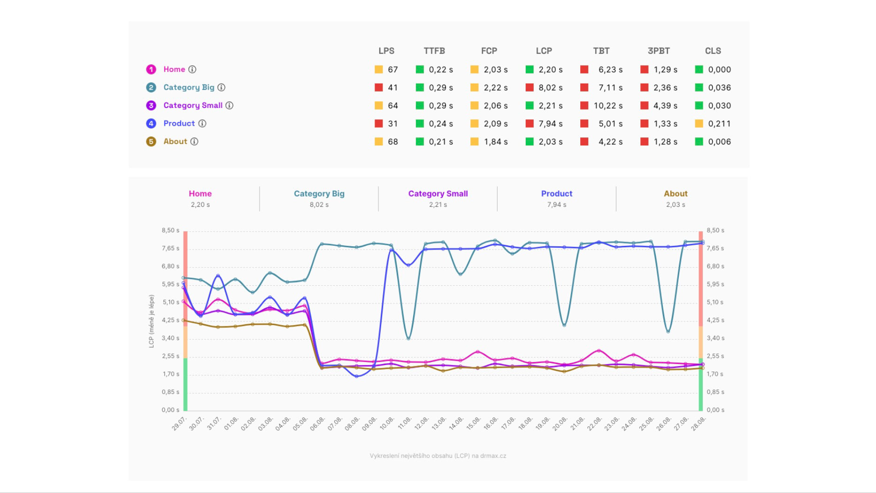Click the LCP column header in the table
[544, 51]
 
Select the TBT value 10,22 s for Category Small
[608, 106]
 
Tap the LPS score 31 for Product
[392, 124]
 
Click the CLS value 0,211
[719, 124]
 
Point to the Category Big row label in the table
[189, 87]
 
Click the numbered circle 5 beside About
[151, 142]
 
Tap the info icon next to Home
[192, 69]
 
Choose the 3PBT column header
[659, 51]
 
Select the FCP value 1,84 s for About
[496, 142]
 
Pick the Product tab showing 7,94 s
[556, 198]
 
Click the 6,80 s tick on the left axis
[170, 266]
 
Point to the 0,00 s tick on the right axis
[715, 410]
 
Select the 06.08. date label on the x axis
[318, 424]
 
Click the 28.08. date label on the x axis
[699, 424]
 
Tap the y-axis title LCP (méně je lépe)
[151, 321]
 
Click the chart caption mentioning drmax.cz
[438, 455]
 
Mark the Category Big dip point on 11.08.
[408, 338]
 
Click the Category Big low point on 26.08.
[668, 332]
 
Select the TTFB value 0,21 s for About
[440, 142]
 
